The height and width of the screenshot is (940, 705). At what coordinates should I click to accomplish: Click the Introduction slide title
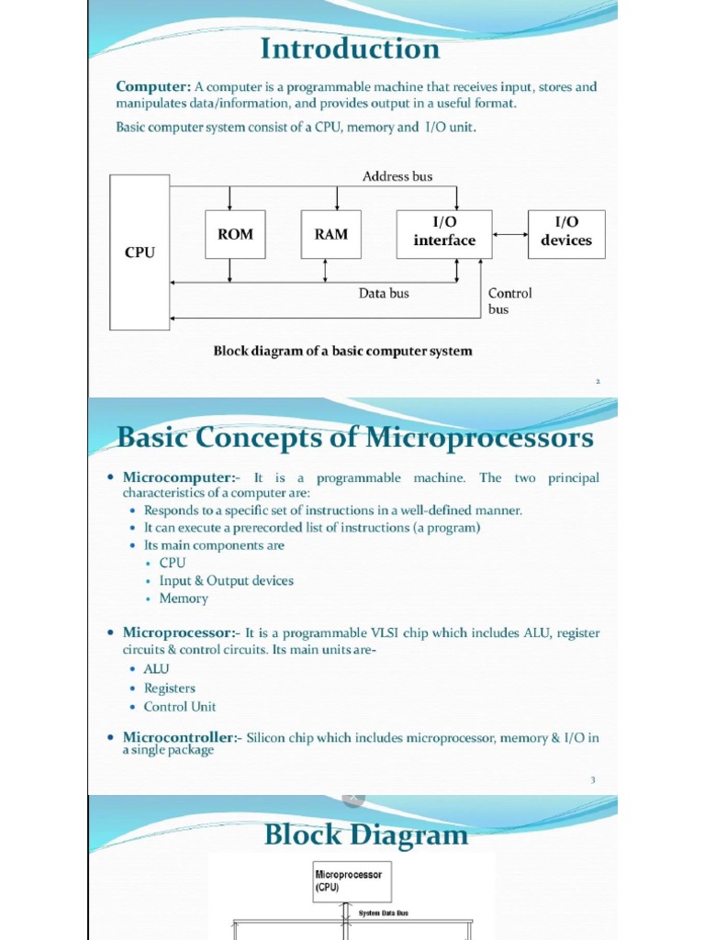(x=352, y=48)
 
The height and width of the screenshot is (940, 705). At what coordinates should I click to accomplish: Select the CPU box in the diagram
(x=140, y=252)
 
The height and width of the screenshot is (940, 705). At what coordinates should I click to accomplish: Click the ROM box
(x=235, y=234)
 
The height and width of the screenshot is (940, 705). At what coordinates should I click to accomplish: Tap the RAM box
(x=331, y=234)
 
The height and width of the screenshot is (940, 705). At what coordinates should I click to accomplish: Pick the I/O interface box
(x=444, y=233)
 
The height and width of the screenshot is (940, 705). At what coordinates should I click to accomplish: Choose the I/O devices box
(x=566, y=233)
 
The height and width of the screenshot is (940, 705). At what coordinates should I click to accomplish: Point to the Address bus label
(x=397, y=176)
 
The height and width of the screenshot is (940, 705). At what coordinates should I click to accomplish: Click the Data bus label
(x=384, y=294)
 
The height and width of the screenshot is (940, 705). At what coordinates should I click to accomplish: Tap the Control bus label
(x=509, y=301)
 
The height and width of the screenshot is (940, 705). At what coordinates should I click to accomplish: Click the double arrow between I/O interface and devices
(x=510, y=233)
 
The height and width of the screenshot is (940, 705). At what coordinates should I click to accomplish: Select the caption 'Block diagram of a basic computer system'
(x=342, y=351)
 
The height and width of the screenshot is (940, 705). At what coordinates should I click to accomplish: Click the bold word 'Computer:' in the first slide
(x=153, y=87)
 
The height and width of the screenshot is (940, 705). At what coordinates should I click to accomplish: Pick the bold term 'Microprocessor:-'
(x=181, y=633)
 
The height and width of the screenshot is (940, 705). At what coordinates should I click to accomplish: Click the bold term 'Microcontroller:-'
(x=182, y=738)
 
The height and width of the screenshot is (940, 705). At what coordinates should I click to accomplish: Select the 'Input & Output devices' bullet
(x=226, y=581)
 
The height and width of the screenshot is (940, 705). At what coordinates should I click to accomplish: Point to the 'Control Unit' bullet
(x=180, y=707)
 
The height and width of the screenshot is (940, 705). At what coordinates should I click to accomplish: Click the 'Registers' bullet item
(x=170, y=688)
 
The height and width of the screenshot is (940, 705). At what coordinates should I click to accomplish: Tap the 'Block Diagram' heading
(x=365, y=834)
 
